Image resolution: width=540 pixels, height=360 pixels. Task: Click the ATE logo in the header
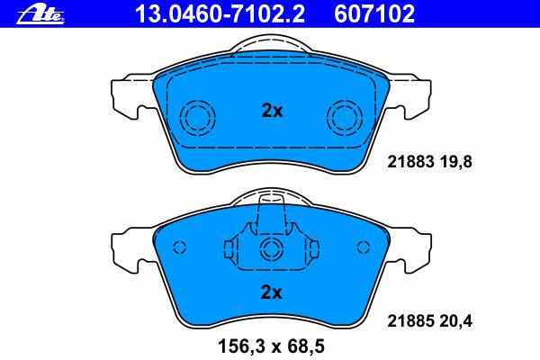(40, 15)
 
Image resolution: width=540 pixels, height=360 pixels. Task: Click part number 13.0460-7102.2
(220, 13)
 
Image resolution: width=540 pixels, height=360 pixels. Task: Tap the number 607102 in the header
(374, 13)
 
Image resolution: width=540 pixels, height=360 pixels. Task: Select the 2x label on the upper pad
(272, 111)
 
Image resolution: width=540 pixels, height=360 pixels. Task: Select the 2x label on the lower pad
(271, 292)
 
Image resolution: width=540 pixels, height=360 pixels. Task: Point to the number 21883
(410, 162)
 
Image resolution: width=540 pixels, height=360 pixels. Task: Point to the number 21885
(410, 321)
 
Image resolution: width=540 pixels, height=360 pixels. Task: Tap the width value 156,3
(242, 346)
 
